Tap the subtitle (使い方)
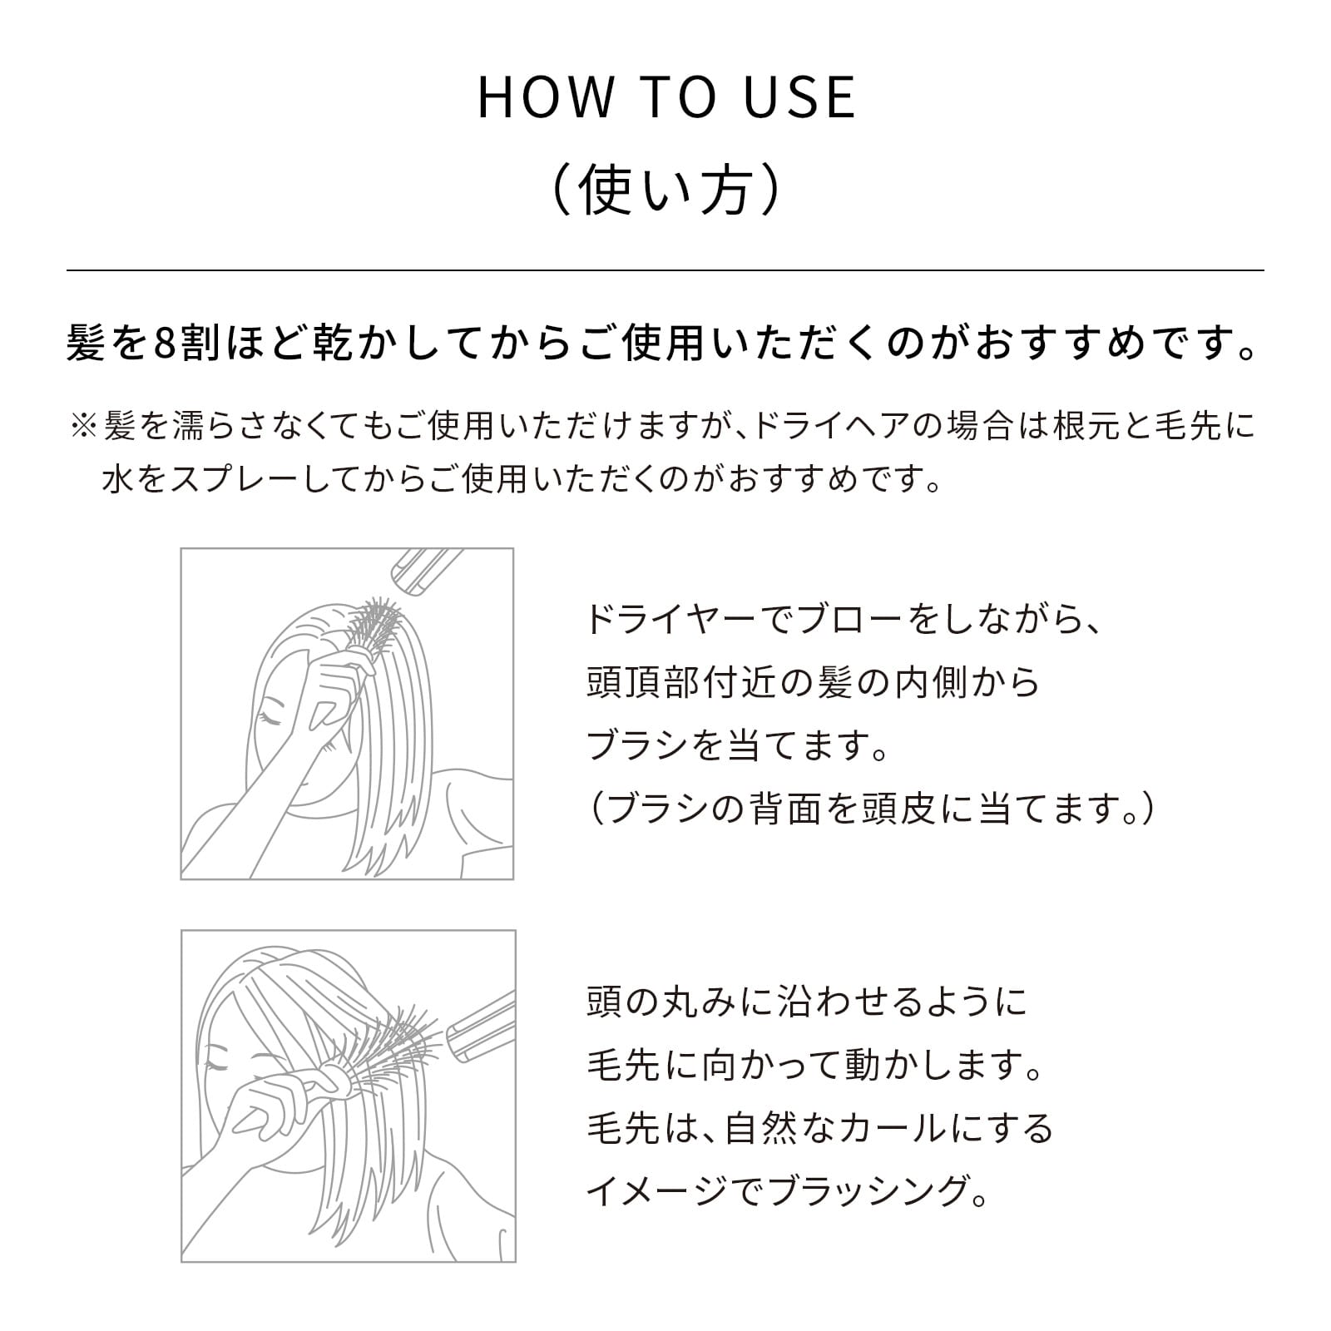tap(665, 191)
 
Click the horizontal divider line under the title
tap(665, 270)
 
